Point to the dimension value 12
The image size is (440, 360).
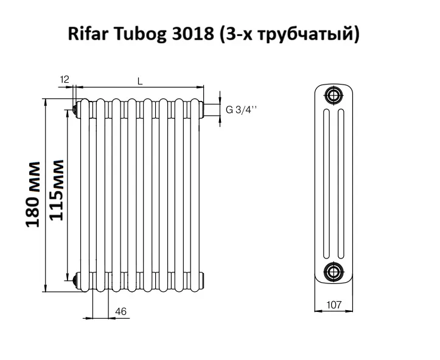pos(66,80)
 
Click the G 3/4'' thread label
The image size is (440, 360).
pos(242,110)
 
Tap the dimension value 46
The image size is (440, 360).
pos(120,311)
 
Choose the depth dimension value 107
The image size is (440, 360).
pos(333,305)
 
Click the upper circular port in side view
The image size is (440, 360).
pos(333,95)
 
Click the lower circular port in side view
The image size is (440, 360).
pos(333,271)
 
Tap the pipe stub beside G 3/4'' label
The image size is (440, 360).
pos(211,110)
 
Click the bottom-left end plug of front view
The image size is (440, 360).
pos(75,280)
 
